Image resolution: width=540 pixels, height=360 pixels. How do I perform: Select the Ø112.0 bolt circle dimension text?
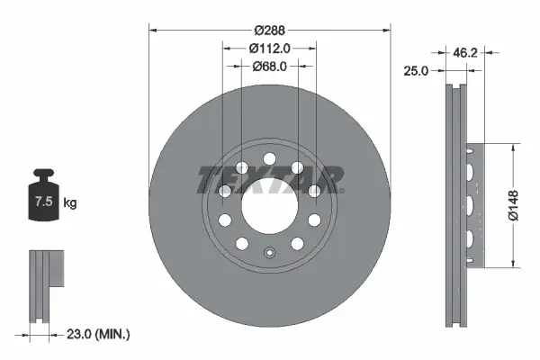270,48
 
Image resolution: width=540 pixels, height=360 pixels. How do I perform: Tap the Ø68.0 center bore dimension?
270,65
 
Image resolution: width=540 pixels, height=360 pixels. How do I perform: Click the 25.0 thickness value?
416,69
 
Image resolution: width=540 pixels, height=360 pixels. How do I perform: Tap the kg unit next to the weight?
70,203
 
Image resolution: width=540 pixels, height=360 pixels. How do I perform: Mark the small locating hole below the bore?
269,253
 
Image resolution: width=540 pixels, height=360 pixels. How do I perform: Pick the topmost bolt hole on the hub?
269,160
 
